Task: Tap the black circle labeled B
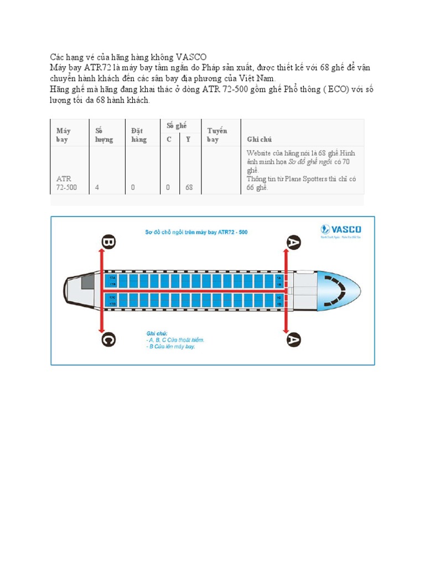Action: click(x=108, y=242)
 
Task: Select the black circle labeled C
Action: click(x=108, y=339)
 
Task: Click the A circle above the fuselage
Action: click(x=293, y=242)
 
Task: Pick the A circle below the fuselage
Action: click(x=293, y=339)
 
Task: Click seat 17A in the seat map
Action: click(x=113, y=277)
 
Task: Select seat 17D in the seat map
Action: click(x=113, y=305)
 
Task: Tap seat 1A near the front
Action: click(x=279, y=277)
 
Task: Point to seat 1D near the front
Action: click(x=279, y=305)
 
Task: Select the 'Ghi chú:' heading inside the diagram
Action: click(x=156, y=333)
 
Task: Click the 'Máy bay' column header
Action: click(x=63, y=135)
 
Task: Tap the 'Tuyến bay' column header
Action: click(x=217, y=135)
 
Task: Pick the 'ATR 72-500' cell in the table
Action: click(x=66, y=183)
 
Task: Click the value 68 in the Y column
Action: click(x=189, y=187)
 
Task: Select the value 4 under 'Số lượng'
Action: click(x=97, y=187)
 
